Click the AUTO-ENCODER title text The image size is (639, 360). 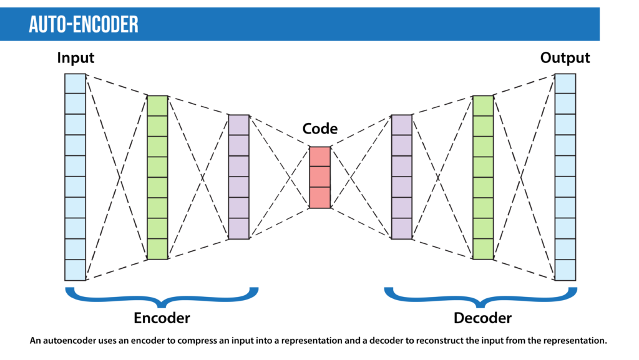coord(83,24)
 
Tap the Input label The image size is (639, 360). coord(76,58)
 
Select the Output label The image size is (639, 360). coord(565,58)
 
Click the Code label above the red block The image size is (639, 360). coord(319,129)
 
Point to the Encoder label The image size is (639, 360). coord(162,318)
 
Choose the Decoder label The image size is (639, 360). coord(482,318)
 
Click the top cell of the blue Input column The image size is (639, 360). coord(75,84)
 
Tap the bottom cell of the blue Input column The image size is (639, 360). coord(75,270)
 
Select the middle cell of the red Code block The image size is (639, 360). coord(319,177)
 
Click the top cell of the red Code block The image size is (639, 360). coord(319,157)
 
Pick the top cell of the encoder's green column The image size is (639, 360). coord(157,105)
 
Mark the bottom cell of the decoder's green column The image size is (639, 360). coord(483,249)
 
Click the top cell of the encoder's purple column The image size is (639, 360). coord(238,125)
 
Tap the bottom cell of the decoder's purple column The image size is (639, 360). coord(402,228)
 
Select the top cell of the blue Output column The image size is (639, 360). coord(565,84)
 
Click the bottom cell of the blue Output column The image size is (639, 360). coord(565,270)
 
